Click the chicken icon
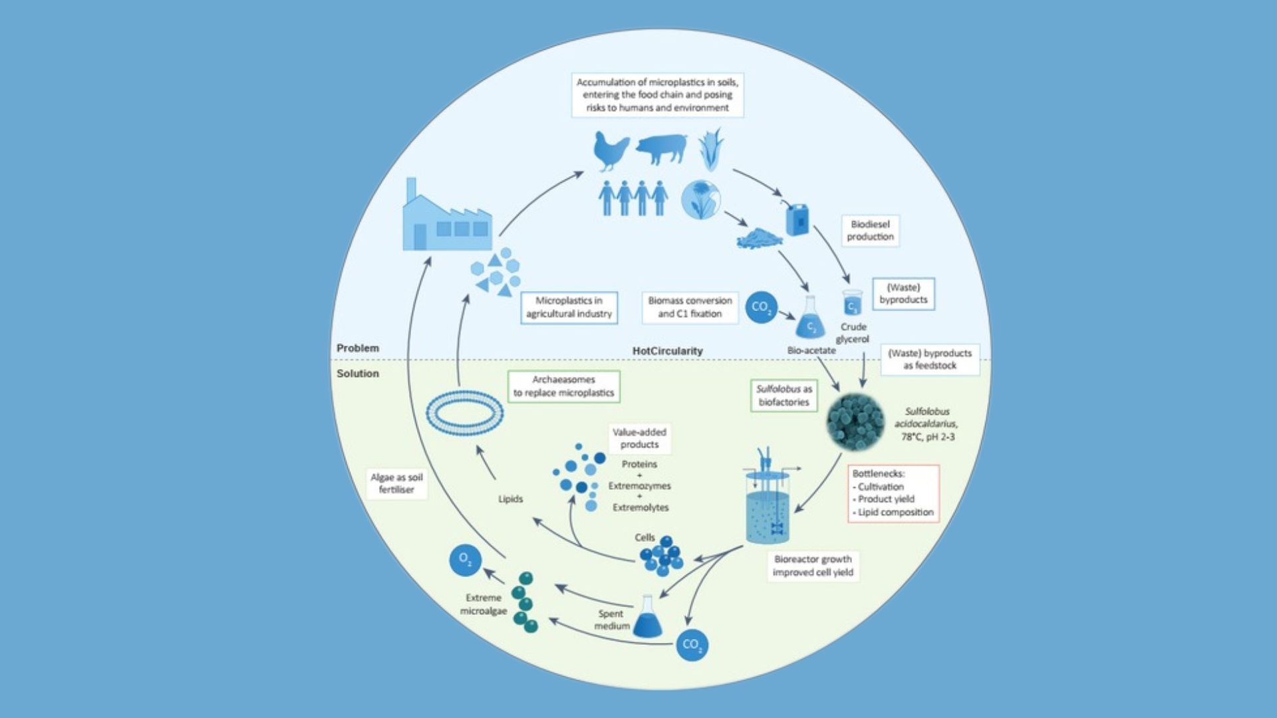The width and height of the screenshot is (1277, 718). [611, 151]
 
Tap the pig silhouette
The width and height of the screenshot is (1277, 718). [661, 149]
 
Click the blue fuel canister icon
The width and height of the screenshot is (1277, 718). [797, 218]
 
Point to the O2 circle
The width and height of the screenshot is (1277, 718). [466, 561]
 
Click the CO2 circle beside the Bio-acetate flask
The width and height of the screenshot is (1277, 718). [761, 307]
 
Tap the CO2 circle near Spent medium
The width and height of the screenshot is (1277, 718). [692, 645]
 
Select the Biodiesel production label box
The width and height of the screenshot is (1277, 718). [870, 231]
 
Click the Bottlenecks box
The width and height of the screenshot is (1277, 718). [893, 493]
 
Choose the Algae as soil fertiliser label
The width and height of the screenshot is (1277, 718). [396, 483]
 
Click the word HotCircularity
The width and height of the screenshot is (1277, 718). [667, 351]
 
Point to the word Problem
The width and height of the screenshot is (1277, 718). [358, 348]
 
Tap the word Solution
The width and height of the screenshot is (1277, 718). [358, 374]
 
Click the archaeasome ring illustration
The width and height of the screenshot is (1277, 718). [464, 413]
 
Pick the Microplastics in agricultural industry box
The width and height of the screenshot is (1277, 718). [569, 307]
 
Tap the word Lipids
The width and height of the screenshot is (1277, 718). [511, 499]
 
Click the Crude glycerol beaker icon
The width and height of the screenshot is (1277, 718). [852, 302]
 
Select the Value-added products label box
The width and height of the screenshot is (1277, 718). [639, 438]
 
